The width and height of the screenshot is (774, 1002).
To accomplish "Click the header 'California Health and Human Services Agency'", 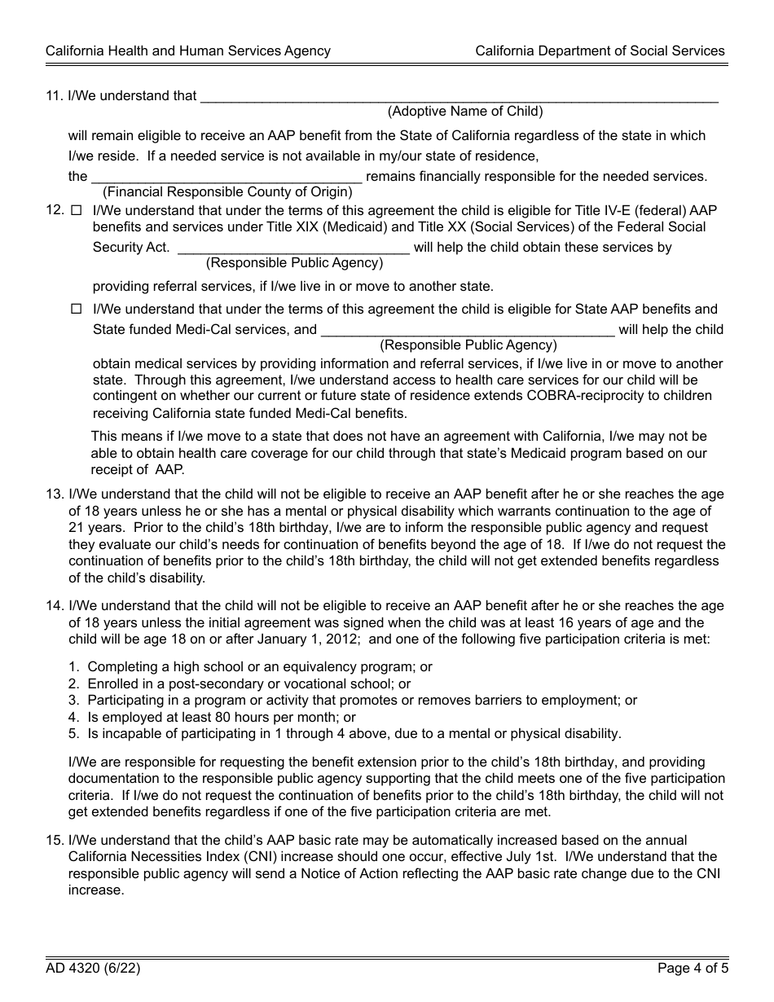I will [188, 51].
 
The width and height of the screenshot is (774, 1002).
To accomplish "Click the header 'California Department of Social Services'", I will [600, 51].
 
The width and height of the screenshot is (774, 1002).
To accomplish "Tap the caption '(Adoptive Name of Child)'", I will [464, 112].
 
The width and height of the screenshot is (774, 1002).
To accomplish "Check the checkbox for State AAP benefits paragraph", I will [77, 310].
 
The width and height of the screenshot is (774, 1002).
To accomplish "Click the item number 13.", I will [55, 494].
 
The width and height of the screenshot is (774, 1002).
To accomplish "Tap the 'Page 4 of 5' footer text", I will [693, 969].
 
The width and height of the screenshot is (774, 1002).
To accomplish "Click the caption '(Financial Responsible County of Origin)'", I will [227, 192].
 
